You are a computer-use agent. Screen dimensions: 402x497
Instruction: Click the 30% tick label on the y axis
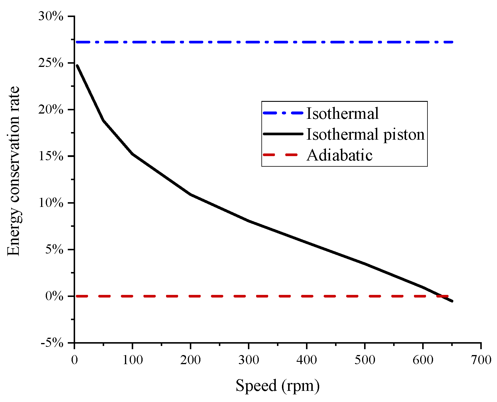[51, 16]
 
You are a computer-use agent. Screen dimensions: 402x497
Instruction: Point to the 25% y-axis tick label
[51, 63]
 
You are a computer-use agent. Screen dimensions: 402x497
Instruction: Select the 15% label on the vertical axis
[51, 156]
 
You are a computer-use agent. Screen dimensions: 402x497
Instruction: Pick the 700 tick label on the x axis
[481, 360]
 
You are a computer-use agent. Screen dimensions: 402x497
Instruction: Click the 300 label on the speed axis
[249, 360]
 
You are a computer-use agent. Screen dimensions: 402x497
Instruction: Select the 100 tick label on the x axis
[133, 360]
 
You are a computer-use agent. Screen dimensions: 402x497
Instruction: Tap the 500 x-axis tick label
[365, 360]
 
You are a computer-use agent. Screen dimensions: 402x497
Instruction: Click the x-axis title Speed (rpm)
[277, 386]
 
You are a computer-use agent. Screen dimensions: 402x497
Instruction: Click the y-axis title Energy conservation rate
[13, 171]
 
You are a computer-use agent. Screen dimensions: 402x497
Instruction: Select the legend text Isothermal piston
[365, 134]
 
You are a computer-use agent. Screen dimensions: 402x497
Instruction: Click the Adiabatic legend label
[339, 155]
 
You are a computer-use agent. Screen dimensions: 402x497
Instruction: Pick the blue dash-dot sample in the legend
[283, 113]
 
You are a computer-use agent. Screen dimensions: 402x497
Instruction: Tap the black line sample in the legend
[283, 134]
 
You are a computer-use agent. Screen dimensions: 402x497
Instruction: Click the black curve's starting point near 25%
[77, 65]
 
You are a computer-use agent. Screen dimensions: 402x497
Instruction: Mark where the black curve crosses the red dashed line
[439, 296]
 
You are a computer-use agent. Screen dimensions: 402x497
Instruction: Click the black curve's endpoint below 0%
[452, 301]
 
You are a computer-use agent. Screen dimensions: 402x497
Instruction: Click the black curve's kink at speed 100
[133, 154]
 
